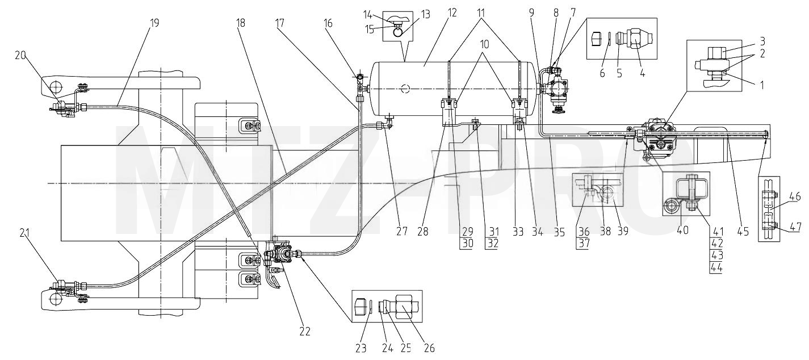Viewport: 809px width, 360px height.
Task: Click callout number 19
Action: click(x=154, y=23)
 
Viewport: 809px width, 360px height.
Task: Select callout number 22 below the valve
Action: click(x=305, y=332)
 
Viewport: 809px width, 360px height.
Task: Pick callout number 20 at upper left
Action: click(x=21, y=55)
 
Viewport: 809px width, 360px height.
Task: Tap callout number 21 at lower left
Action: click(x=24, y=233)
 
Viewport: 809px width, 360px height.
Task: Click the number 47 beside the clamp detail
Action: click(x=795, y=227)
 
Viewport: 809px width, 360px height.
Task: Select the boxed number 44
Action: click(x=717, y=267)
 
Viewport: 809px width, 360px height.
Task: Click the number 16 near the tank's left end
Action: click(x=328, y=23)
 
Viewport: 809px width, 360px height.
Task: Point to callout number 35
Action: click(x=559, y=232)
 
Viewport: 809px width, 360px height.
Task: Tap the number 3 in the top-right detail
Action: click(x=762, y=41)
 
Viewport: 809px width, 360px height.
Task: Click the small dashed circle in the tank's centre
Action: click(x=406, y=88)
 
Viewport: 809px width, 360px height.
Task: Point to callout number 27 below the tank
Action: click(x=401, y=231)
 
